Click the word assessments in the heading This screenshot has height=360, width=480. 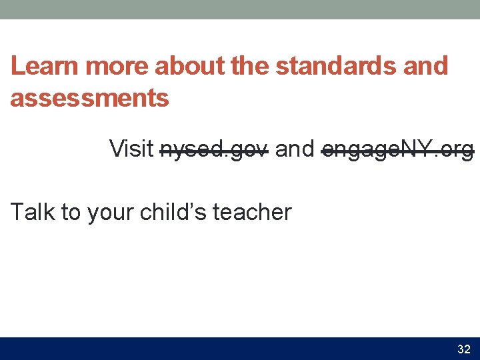89,99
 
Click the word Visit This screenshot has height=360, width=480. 131,149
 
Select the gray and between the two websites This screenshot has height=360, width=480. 294,149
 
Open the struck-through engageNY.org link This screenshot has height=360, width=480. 397,149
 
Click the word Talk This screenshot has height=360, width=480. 33,212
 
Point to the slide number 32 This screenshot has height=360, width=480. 463,349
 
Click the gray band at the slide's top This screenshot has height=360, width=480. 240,9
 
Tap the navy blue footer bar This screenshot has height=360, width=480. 227,349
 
